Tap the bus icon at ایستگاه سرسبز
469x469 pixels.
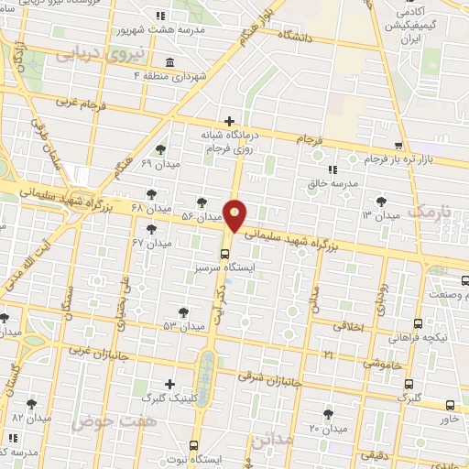click(225, 254)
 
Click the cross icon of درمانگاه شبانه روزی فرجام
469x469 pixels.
click(229, 121)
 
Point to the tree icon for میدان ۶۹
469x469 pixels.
click(161, 149)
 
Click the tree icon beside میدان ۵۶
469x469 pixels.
click(202, 202)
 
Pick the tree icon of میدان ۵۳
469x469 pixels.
click(184, 311)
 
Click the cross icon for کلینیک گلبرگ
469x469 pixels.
click(169, 384)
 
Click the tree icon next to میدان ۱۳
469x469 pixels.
click(382, 201)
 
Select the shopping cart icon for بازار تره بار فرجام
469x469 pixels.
click(398, 146)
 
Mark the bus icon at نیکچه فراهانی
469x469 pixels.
click(418, 323)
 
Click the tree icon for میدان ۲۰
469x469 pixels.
click(328, 414)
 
